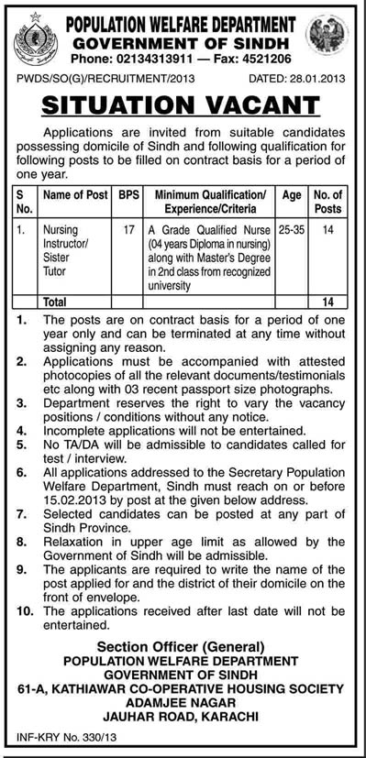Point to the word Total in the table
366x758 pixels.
[56, 302]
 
